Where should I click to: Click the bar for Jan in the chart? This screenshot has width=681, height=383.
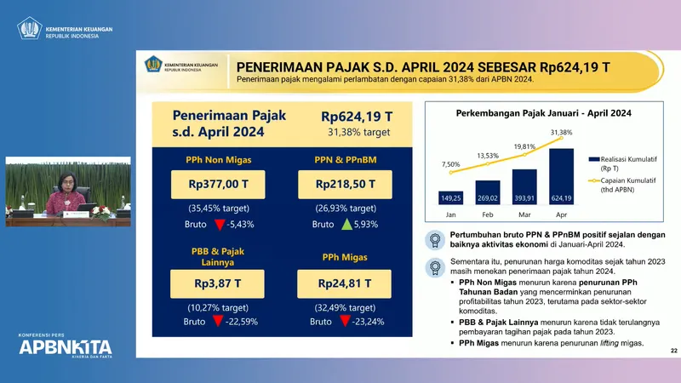pyautogui.click(x=451, y=197)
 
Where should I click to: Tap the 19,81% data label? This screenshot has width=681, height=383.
pyautogui.click(x=524, y=146)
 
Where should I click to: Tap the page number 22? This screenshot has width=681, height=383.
pyautogui.click(x=673, y=351)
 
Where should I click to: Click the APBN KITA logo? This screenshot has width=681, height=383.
pyautogui.click(x=66, y=347)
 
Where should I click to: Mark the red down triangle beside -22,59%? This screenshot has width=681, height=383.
pyautogui.click(x=218, y=322)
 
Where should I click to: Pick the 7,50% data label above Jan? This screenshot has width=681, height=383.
pyautogui.click(x=451, y=164)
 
